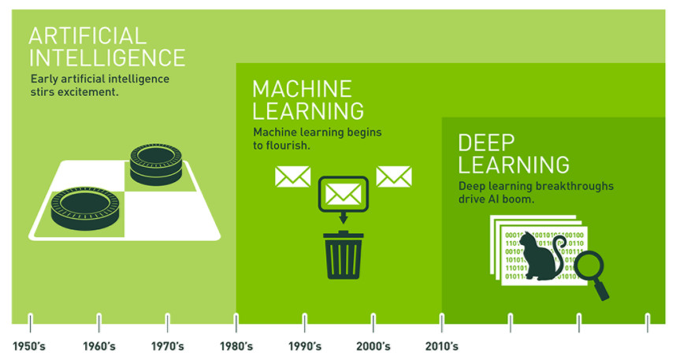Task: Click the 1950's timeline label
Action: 29,346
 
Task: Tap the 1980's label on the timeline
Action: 236,346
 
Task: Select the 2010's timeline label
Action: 442,346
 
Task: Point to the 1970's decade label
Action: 167,346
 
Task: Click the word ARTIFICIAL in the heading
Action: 87,35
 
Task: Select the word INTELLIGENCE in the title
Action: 107,58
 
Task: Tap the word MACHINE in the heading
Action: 303,89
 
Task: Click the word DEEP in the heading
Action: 486,143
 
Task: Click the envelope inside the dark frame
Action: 344,194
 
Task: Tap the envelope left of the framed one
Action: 293,176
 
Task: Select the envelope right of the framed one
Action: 394,176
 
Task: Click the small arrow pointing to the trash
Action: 344,217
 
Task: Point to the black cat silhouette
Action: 541,257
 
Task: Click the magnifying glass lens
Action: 589,265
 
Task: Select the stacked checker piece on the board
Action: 156,165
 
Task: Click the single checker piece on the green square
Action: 85,208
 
